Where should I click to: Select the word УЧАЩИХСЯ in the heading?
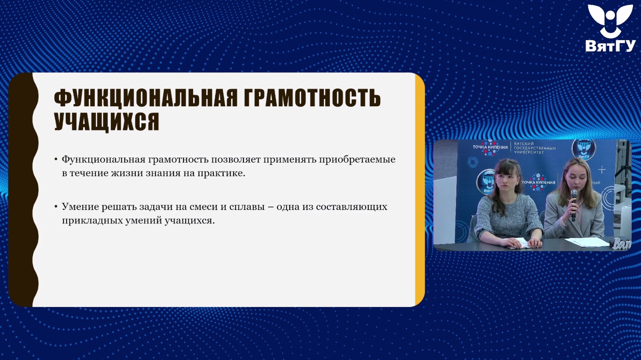pos(106,122)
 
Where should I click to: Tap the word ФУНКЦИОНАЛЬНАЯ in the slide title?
pos(146,98)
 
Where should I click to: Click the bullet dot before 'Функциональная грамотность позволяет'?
pos(56,159)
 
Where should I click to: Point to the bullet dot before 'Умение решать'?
pos(56,206)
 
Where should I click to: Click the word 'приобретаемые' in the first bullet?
pos(357,160)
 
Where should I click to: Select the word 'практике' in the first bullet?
pos(221,173)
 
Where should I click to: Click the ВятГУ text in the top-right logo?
pos(610,46)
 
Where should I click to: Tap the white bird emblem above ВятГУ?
pos(610,20)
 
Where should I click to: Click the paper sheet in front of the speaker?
pos(587,242)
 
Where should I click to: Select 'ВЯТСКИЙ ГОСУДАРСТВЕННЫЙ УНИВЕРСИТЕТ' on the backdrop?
pos(535,148)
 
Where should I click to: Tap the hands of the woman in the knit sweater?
pos(524,243)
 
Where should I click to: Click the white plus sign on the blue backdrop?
pos(602,170)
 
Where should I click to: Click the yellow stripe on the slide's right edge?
pos(420,189)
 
